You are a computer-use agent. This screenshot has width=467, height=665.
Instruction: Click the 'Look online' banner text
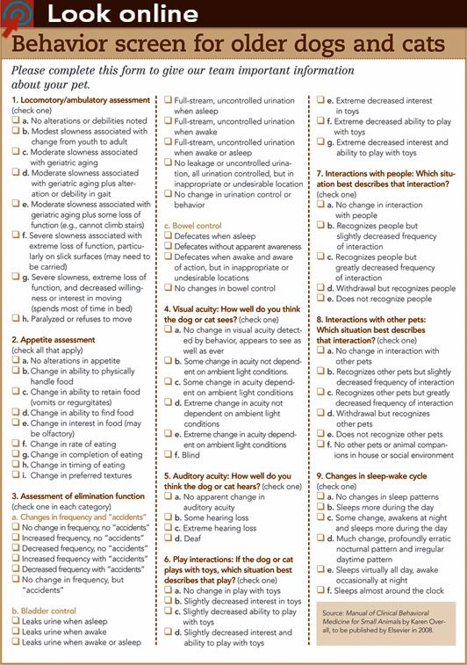point(122,13)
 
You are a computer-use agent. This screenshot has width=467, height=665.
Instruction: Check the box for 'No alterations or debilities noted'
point(16,120)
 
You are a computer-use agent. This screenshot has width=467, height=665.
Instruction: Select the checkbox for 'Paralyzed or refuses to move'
point(16,318)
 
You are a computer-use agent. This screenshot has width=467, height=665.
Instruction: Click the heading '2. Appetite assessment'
point(53,338)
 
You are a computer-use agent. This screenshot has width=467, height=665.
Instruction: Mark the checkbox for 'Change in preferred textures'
point(16,475)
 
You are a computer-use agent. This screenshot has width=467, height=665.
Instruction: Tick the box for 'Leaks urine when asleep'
point(16,619)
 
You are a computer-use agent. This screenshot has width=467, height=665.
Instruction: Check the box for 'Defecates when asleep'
point(168,237)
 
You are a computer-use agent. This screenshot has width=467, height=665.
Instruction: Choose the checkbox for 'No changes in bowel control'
point(168,288)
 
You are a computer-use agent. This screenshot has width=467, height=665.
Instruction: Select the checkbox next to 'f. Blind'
point(168,454)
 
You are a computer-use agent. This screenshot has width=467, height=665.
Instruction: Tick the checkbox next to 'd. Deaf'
point(168,539)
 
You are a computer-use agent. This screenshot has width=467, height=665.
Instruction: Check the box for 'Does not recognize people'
point(320,299)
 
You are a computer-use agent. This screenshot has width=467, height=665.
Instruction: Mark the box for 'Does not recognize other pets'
point(320,433)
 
